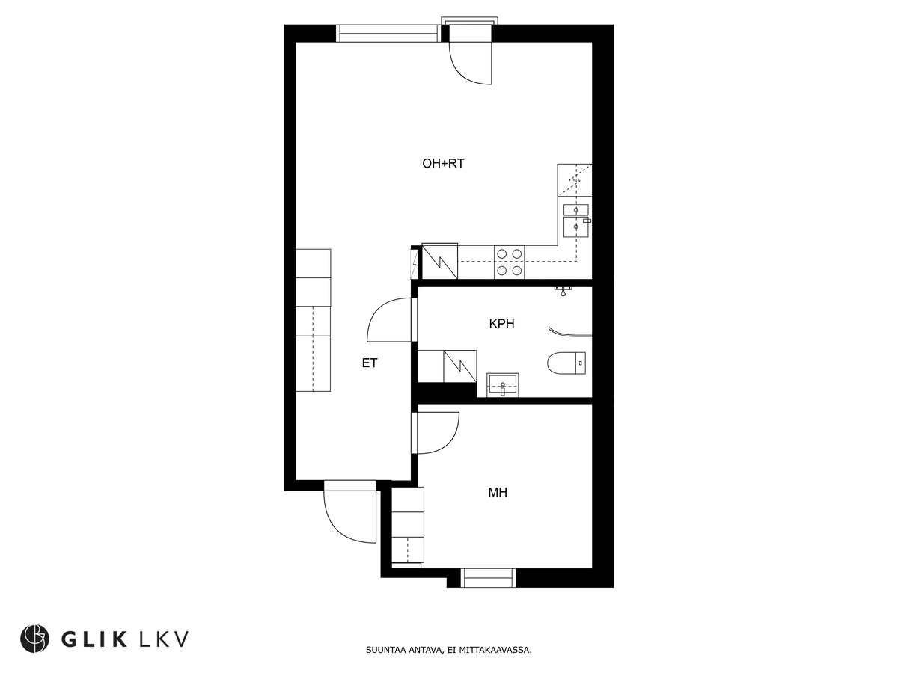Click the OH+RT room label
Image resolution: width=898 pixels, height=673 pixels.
tap(443, 163)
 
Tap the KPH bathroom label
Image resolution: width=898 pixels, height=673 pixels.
tap(501, 324)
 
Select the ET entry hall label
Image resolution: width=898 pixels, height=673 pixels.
tap(370, 363)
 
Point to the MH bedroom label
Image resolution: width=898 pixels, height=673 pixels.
tap(498, 492)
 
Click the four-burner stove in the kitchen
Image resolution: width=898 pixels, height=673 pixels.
tap(510, 262)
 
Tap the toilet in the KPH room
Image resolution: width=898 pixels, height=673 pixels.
tap(566, 363)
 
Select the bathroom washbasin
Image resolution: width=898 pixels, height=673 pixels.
tap(503, 386)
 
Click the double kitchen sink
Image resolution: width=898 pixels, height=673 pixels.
tap(575, 218)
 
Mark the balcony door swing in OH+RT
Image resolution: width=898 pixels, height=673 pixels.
tap(469, 62)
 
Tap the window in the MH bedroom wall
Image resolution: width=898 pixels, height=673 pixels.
tap(488, 577)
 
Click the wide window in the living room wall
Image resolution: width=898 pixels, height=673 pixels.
tap(388, 33)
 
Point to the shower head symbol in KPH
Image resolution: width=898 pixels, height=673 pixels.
tap(563, 289)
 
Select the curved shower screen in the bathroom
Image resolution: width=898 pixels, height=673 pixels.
tap(569, 332)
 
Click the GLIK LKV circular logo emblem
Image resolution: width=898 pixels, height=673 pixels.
tap(34, 639)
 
